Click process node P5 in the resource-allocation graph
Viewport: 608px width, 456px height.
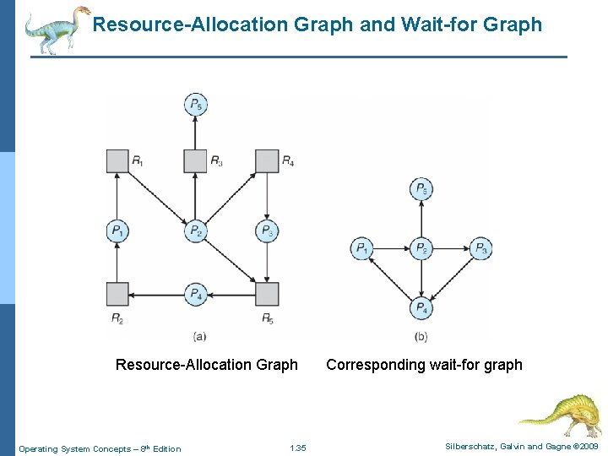tap(196, 106)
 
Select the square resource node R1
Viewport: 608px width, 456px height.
tap(118, 160)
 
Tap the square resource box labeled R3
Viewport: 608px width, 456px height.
tap(195, 160)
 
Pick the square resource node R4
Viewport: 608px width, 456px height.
tap(267, 160)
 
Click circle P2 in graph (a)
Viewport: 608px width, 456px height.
tap(196, 231)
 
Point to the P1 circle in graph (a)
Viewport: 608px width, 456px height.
tap(118, 231)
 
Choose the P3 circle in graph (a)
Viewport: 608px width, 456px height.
tap(267, 231)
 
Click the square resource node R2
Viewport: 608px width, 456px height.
tap(118, 294)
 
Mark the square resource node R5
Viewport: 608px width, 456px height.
tap(267, 294)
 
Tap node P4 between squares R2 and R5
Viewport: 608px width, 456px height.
tap(196, 294)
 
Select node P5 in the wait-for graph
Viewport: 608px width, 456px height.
tap(421, 189)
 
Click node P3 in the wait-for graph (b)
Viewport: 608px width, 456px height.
tap(480, 248)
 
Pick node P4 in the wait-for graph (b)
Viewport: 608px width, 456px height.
tap(421, 308)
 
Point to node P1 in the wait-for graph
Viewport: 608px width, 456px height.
tap(361, 248)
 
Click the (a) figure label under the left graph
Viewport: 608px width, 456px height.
tap(199, 336)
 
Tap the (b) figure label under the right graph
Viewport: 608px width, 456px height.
tap(421, 337)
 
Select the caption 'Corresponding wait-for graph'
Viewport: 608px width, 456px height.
tap(424, 365)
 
